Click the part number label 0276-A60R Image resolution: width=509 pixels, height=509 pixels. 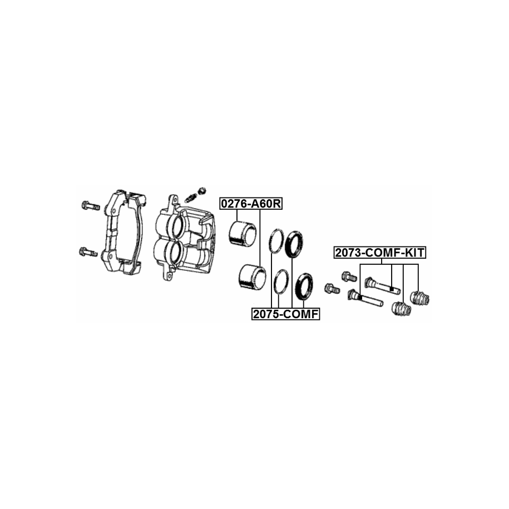250,204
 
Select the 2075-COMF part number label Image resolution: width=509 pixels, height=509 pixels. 286,314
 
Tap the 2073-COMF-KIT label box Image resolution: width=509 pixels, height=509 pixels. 380,252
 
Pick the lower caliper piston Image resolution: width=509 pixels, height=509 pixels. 252,276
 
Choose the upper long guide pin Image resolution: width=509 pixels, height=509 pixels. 382,285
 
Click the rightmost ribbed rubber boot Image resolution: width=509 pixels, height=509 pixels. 420,298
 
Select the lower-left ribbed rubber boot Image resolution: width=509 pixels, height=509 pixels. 402,308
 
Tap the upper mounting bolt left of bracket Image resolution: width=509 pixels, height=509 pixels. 90,205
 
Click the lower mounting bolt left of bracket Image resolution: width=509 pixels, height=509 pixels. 88,251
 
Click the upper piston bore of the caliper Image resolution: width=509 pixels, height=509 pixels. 177,226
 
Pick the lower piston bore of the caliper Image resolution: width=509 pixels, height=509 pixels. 175,255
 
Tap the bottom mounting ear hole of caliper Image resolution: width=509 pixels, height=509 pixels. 169,275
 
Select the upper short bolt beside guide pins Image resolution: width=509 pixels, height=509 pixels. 349,276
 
